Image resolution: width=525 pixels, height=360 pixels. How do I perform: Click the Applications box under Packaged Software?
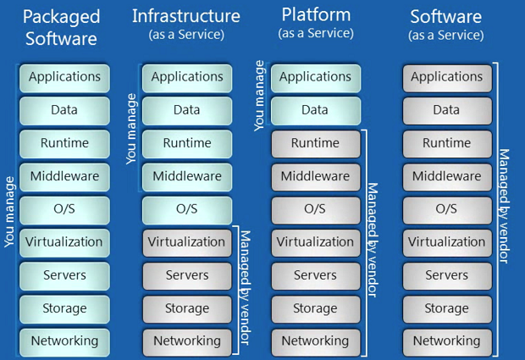pyautogui.click(x=65, y=77)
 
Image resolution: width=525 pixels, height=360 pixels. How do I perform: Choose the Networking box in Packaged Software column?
pyautogui.click(x=65, y=341)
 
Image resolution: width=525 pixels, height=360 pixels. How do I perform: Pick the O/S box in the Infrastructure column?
pyautogui.click(x=186, y=209)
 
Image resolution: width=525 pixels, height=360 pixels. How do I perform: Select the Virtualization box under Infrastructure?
pyautogui.click(x=186, y=242)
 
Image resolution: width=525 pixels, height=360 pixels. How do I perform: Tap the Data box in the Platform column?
pyautogui.click(x=315, y=110)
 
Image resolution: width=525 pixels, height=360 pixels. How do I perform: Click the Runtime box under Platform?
pyautogui.click(x=315, y=143)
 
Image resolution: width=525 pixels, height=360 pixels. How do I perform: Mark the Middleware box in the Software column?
pyautogui.click(x=446, y=176)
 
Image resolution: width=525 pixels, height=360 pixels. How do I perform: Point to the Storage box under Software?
pyautogui.click(x=446, y=308)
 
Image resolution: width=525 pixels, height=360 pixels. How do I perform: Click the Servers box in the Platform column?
pyautogui.click(x=315, y=275)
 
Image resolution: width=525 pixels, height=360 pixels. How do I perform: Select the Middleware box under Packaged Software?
pyautogui.click(x=65, y=176)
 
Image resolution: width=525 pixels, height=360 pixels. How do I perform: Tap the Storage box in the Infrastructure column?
pyautogui.click(x=186, y=308)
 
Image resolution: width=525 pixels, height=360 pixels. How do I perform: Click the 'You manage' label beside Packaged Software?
pyautogui.click(x=9, y=212)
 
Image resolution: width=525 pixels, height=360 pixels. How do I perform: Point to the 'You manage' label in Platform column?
pyautogui.click(x=260, y=95)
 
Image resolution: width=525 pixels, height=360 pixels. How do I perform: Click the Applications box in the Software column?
pyautogui.click(x=446, y=77)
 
